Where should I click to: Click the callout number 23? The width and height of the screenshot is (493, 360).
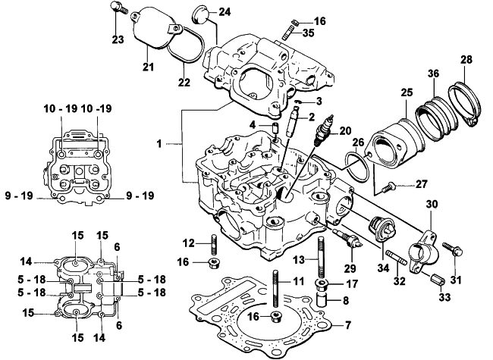117,39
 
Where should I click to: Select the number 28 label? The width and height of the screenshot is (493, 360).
466,59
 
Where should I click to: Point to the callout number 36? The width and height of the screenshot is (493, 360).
432,74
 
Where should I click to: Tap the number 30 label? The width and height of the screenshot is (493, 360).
432,204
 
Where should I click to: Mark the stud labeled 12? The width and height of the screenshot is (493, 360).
215,243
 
